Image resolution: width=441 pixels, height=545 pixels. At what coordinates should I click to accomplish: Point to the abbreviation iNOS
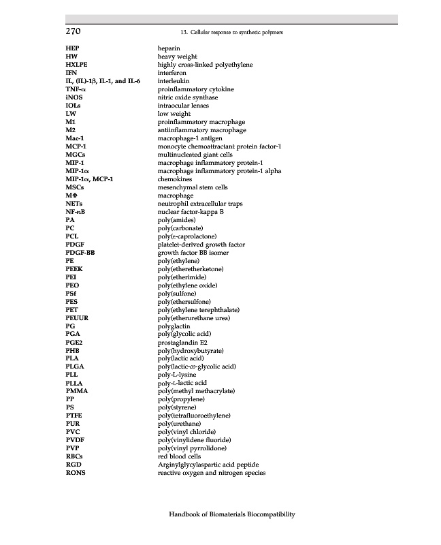[74, 97]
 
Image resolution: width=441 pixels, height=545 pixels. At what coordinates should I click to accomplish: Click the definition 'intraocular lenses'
[182, 106]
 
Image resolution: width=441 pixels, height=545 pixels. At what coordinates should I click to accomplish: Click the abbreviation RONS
[76, 473]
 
